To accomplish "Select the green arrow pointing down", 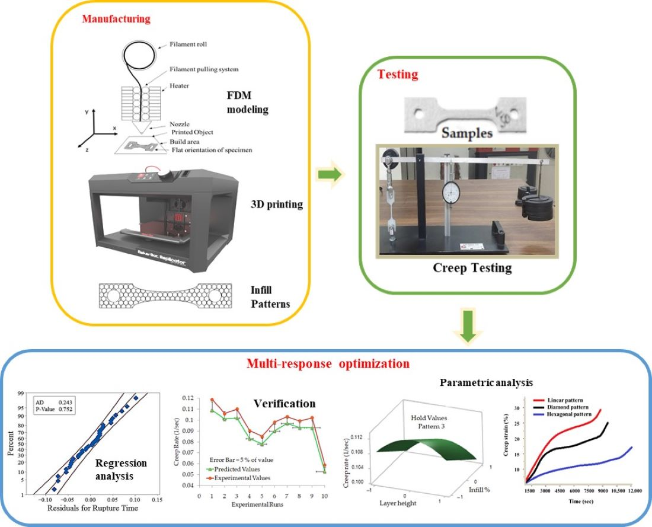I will click(x=469, y=329).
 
